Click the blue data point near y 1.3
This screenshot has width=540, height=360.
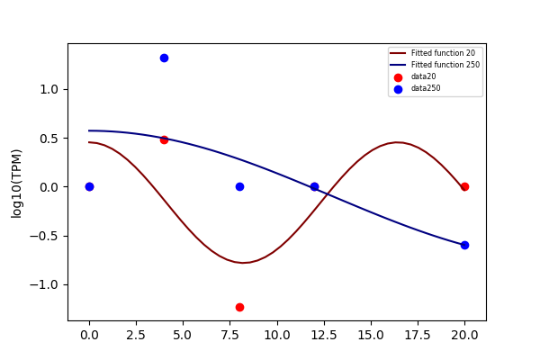click(165, 58)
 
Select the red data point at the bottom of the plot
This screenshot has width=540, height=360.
click(239, 307)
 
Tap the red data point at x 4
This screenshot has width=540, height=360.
click(165, 139)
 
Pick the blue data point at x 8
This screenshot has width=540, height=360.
click(239, 186)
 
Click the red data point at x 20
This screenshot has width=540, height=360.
click(464, 186)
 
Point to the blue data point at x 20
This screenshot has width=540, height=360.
click(464, 246)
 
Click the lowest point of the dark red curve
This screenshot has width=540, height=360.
click(243, 263)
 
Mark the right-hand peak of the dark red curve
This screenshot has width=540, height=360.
click(397, 142)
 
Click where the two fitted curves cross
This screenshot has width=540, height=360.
click(327, 194)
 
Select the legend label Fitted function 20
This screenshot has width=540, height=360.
click(443, 53)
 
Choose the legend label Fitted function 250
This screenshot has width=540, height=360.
click(445, 65)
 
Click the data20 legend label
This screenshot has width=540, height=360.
click(423, 76)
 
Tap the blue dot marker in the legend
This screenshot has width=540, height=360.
click(398, 89)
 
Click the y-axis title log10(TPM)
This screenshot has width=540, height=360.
click(16, 184)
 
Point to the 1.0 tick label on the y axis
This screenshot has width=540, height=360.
click(49, 90)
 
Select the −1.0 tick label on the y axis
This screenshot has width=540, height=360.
click(44, 285)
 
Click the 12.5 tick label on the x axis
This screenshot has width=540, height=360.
click(324, 335)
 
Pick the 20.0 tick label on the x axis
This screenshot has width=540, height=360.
click(464, 335)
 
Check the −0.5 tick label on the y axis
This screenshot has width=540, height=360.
click(44, 237)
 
